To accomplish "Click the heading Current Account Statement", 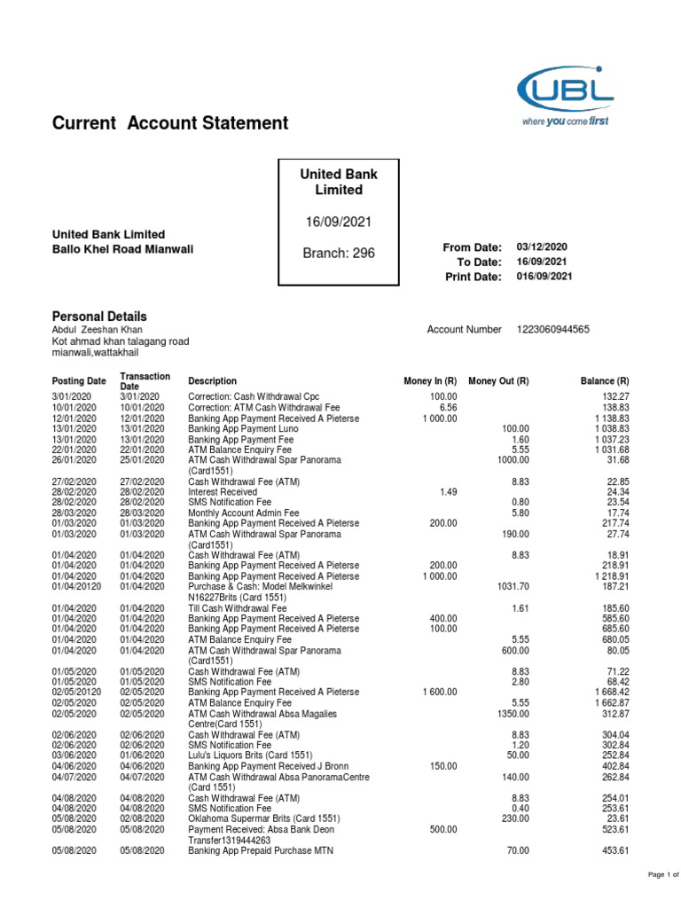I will pyautogui.click(x=170, y=123).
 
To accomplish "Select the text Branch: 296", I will pyautogui.click(x=339, y=254).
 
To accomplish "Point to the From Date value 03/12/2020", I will pyautogui.click(x=542, y=247).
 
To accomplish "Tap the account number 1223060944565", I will pyautogui.click(x=552, y=329).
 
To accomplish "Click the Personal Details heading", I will pyautogui.click(x=99, y=317).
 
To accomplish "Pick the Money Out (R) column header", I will pyautogui.click(x=498, y=380).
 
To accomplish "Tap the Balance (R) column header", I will pyautogui.click(x=605, y=380).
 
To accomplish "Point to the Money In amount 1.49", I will pyautogui.click(x=448, y=490).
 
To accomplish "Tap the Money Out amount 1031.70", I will pyautogui.click(x=511, y=586).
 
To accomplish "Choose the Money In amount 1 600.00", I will pyautogui.click(x=439, y=692).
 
